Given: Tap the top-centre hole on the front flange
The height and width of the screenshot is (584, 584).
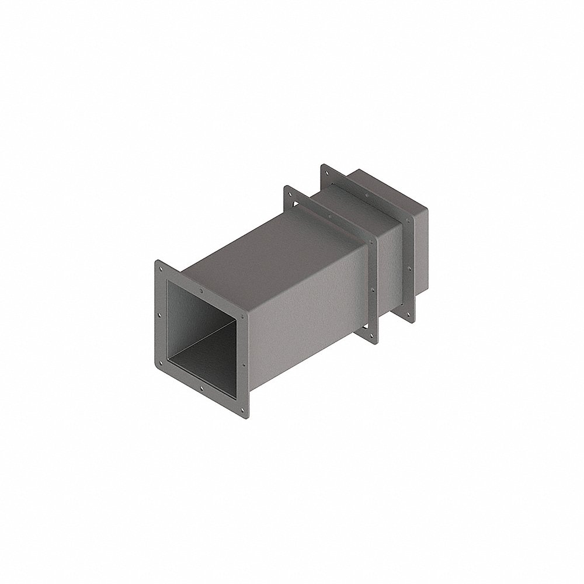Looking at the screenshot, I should pos(201,289).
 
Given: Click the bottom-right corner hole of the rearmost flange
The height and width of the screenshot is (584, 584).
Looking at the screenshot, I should pos(408,313).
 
